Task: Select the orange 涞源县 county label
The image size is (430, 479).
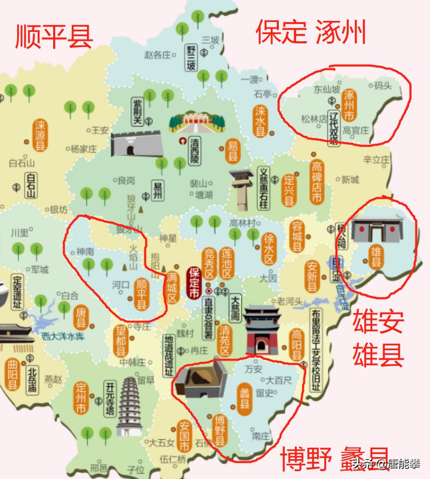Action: [x=40, y=135]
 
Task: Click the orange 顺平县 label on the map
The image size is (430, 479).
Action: [x=141, y=295]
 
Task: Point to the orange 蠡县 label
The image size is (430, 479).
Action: [x=244, y=398]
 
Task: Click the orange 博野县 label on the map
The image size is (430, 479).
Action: [x=220, y=430]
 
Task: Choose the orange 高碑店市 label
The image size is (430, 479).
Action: [x=316, y=183]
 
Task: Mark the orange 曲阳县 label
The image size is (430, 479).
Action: [x=11, y=375]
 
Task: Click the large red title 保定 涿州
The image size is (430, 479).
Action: [x=311, y=32]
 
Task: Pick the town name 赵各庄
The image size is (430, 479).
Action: [x=157, y=54]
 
